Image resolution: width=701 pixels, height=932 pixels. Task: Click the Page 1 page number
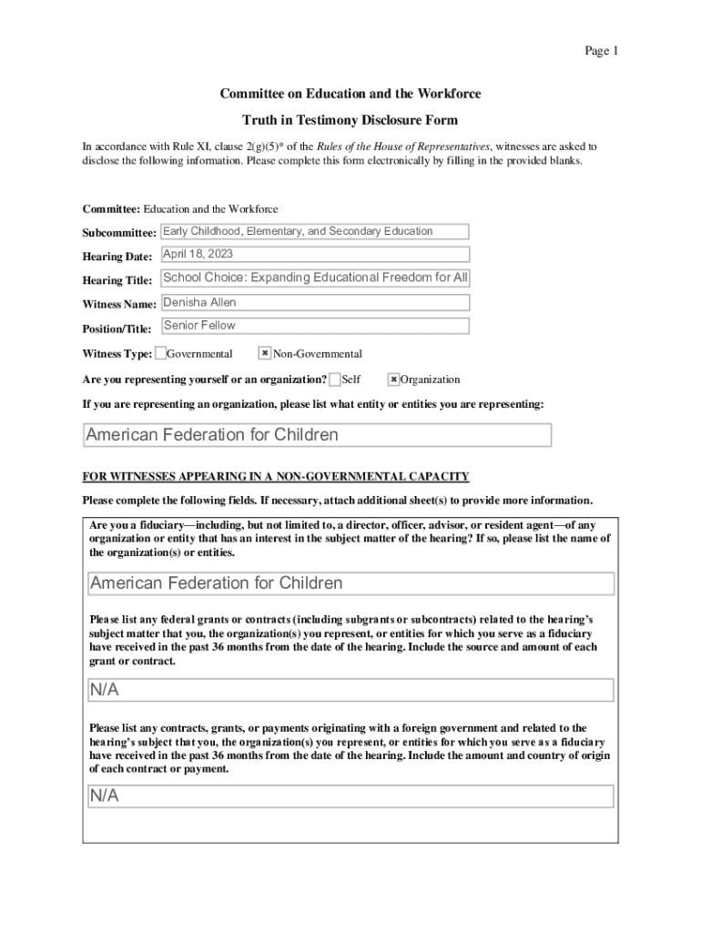tap(601, 51)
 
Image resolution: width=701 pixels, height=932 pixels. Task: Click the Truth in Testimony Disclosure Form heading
tap(350, 120)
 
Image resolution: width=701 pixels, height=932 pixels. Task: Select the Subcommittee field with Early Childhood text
tap(315, 232)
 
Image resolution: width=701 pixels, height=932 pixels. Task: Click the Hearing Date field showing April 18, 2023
tap(315, 255)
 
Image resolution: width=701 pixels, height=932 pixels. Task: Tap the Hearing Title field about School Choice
tap(315, 278)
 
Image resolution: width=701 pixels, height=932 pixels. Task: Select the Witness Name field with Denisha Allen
tap(315, 302)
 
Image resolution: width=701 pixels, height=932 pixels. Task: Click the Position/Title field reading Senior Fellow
tap(315, 326)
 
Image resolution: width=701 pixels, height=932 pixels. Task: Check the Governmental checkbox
tap(161, 353)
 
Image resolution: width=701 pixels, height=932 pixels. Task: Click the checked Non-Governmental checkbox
tap(265, 353)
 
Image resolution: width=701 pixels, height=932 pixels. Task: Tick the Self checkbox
tap(336, 379)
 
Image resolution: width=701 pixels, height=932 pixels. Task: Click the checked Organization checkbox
tap(394, 379)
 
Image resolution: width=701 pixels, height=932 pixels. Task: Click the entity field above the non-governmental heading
tap(317, 435)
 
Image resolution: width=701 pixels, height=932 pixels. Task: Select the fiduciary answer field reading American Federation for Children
tap(351, 583)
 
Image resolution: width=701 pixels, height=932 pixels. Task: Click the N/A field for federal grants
tap(351, 690)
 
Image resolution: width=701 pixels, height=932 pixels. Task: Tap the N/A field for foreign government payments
tap(351, 796)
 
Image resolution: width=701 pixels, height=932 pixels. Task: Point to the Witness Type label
tap(117, 354)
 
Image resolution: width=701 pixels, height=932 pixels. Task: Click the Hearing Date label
tap(117, 257)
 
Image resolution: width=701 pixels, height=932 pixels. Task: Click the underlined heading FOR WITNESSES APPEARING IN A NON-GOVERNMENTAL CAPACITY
tap(276, 476)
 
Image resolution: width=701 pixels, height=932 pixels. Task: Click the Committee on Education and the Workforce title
tap(350, 94)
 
